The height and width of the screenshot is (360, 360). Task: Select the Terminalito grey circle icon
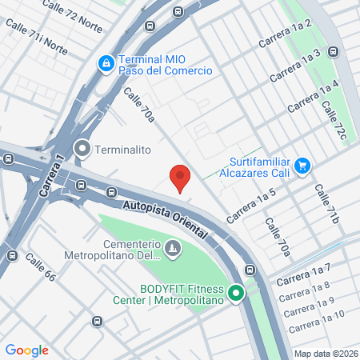82,149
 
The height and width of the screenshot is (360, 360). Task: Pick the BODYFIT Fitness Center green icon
236,294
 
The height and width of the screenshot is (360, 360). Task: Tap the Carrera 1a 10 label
316,320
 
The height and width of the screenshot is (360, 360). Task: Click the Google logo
26,350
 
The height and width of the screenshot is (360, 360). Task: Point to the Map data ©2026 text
325,354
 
